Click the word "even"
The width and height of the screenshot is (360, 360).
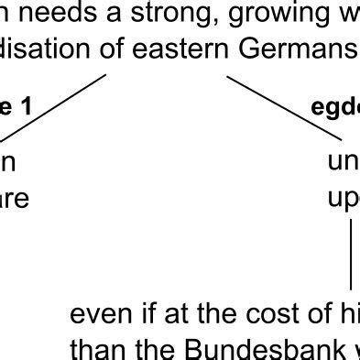click(x=101, y=316)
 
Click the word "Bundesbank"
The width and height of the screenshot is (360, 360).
click(x=252, y=349)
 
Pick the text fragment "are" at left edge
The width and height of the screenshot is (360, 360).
click(x=15, y=198)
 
